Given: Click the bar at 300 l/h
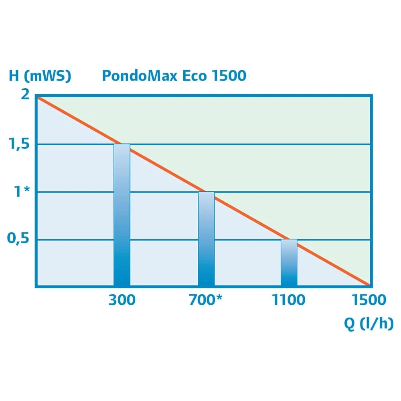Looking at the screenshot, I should coord(122,217).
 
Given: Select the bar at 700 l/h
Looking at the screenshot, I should coord(206,241).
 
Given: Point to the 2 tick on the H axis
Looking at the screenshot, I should coord(25,95).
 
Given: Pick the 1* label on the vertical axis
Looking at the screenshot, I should coord(22,192).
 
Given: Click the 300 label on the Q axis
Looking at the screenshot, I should coord(122,300).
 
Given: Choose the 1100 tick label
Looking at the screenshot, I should coord(289,300).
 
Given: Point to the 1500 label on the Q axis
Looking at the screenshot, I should coord(369,300).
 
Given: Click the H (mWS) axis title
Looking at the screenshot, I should coord(40,76).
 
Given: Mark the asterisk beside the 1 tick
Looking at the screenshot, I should coord(27,190).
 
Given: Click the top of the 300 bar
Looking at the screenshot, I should coord(122,145).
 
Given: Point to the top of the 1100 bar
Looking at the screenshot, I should coord(289,240).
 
